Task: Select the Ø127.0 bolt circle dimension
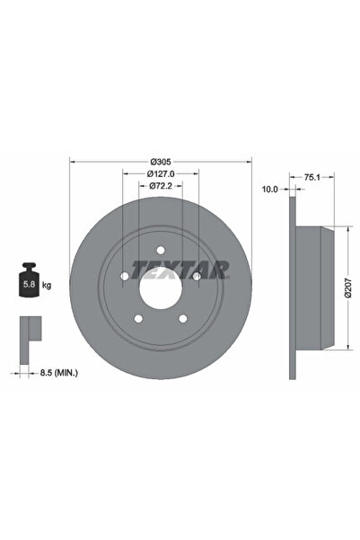(161, 173)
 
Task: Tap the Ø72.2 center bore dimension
(161, 186)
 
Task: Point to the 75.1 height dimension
(312, 178)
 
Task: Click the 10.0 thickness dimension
(269, 190)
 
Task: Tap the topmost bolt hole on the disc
(161, 251)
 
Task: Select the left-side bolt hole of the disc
(125, 277)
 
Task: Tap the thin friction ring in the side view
(293, 288)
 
